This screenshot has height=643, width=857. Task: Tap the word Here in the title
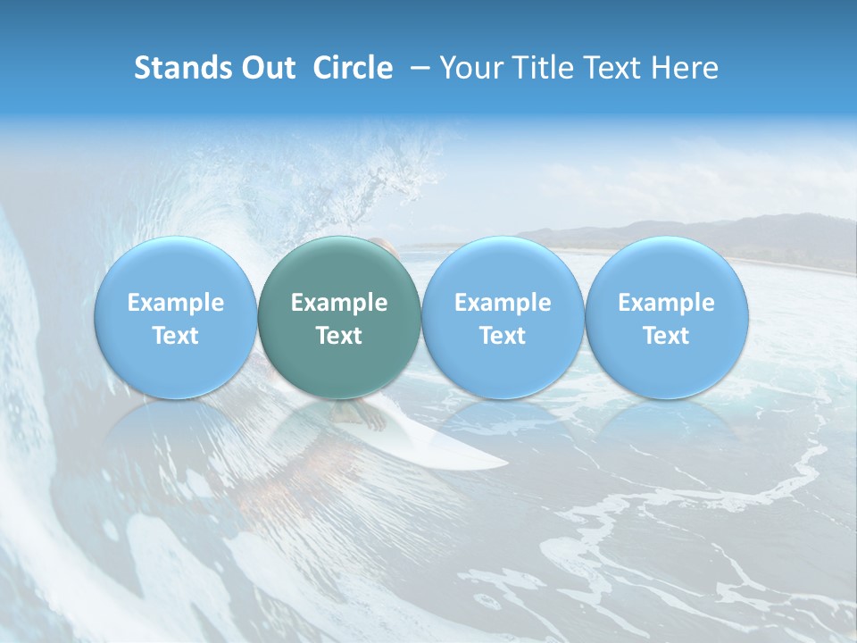[x=684, y=68]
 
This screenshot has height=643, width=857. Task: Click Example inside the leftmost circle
[x=175, y=303]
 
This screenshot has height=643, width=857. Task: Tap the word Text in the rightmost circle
[x=666, y=336]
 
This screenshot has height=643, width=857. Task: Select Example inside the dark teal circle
[x=339, y=303]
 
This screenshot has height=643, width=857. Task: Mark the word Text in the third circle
[x=503, y=336]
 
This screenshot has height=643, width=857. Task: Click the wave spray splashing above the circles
[x=393, y=174]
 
